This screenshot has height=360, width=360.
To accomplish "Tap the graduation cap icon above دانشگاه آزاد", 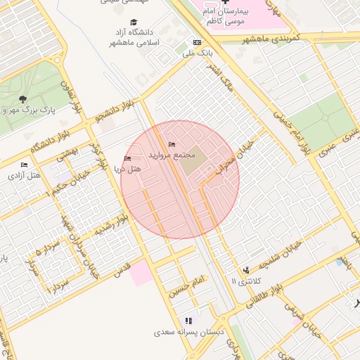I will [x=134, y=22].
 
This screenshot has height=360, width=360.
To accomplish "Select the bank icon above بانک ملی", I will [x=197, y=43].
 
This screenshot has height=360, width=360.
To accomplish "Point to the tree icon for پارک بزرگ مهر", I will [x=23, y=99].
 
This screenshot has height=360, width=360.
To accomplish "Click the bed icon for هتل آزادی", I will [x=25, y=165].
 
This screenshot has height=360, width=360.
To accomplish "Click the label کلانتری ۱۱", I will [x=245, y=281].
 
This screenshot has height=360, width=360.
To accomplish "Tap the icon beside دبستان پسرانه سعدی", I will [x=188, y=321].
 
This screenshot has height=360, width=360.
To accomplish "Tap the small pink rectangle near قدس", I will [x=141, y=272].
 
